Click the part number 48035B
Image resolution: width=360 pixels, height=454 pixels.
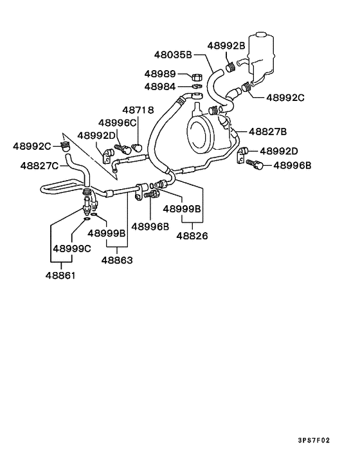coord(173,55)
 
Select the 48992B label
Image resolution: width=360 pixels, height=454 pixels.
coord(226,46)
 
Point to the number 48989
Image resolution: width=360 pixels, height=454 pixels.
coord(160,74)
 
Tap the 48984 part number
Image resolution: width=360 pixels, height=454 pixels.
coord(160,86)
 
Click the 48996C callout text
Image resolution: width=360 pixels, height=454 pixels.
coord(118,122)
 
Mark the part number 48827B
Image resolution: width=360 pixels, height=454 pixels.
coord(267,131)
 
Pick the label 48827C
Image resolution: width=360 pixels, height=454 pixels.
coord(39,165)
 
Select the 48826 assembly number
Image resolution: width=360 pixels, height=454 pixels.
coord(192,236)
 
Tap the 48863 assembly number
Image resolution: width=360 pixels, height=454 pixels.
coord(117,260)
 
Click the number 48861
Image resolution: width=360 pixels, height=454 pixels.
coord(60,276)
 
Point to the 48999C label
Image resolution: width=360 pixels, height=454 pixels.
coord(72,248)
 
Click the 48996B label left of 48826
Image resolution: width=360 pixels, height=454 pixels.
coord(150,226)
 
